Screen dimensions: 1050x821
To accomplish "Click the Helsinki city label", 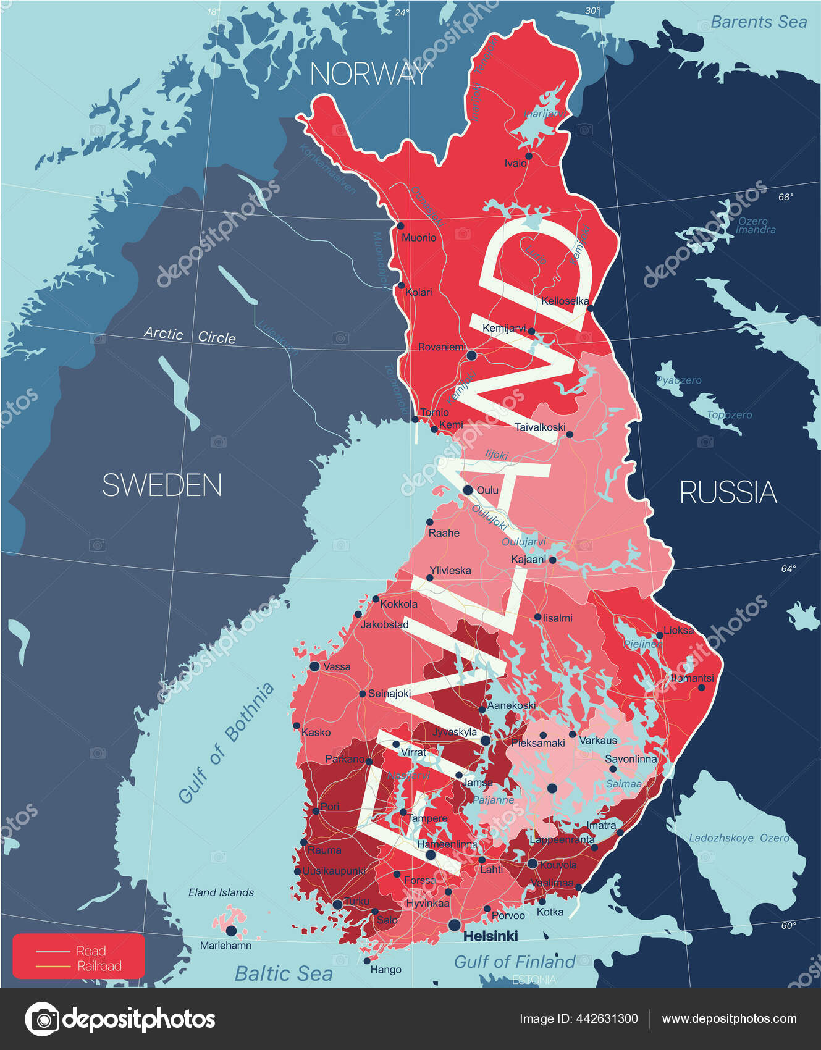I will click(490, 936).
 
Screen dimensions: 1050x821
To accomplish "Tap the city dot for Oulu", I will click(468, 490).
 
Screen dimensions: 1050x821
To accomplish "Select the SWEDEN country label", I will click(162, 485).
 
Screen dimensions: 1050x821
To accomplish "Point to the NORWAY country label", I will click(369, 74).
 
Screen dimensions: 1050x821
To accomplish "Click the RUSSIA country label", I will click(728, 492).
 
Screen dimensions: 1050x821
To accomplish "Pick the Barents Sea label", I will click(759, 22).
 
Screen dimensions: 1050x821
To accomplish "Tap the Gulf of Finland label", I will click(514, 962).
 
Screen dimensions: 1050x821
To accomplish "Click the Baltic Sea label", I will click(284, 974).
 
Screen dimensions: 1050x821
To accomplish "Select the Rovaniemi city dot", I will click(471, 355).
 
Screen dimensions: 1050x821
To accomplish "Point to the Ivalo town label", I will click(515, 163).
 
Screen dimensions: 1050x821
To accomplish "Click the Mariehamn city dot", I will click(231, 930).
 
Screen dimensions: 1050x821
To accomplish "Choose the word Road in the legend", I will click(91, 951).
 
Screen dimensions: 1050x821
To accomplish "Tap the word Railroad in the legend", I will click(99, 966).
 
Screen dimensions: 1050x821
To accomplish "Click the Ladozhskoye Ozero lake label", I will click(739, 838).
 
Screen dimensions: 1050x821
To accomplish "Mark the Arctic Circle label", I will click(190, 335).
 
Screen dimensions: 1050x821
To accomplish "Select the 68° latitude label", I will click(785, 197).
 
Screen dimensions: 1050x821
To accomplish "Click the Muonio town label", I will click(419, 238).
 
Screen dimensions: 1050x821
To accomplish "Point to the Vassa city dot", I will click(314, 666).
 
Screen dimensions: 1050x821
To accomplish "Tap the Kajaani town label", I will click(528, 560).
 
